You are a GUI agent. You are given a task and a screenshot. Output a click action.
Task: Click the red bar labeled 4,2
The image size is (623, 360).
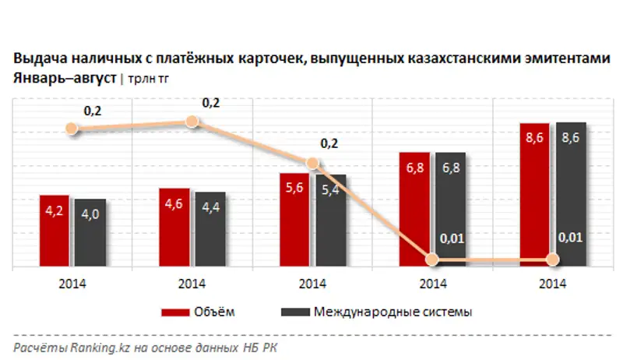(x=55, y=231)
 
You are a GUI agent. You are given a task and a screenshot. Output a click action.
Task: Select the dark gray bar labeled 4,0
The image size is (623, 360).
(x=90, y=234)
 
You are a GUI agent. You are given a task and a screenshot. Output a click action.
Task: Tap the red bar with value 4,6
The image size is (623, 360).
(x=174, y=228)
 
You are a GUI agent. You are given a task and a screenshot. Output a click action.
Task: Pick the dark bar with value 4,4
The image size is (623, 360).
(x=209, y=230)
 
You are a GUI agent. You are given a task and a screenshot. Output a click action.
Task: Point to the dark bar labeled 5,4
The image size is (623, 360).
(x=329, y=222)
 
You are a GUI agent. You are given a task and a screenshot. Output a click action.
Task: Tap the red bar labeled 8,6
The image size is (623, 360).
(x=533, y=195)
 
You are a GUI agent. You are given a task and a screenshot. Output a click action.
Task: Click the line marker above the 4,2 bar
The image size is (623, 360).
(x=73, y=129)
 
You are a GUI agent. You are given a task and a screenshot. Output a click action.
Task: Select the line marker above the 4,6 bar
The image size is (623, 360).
(x=192, y=121)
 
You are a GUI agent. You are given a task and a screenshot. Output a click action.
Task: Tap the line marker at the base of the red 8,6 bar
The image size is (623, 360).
(x=552, y=259)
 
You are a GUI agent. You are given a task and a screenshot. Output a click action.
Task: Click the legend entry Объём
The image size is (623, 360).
(x=199, y=312)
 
